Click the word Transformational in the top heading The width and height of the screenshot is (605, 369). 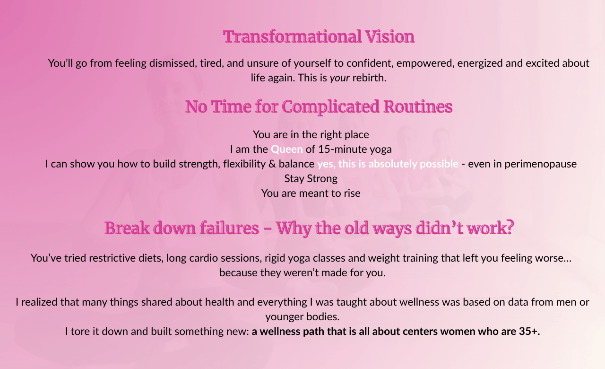click(292, 36)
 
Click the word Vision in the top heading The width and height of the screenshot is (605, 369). click(390, 36)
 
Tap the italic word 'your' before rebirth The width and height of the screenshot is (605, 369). click(340, 79)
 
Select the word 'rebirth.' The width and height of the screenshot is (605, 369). click(370, 78)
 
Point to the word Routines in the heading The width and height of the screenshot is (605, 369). click(418, 106)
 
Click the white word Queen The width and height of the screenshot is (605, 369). click(286, 149)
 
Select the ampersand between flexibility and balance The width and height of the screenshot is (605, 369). click(272, 164)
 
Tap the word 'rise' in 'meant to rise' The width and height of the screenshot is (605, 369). click(352, 193)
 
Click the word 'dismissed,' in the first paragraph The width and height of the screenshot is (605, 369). click(173, 63)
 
